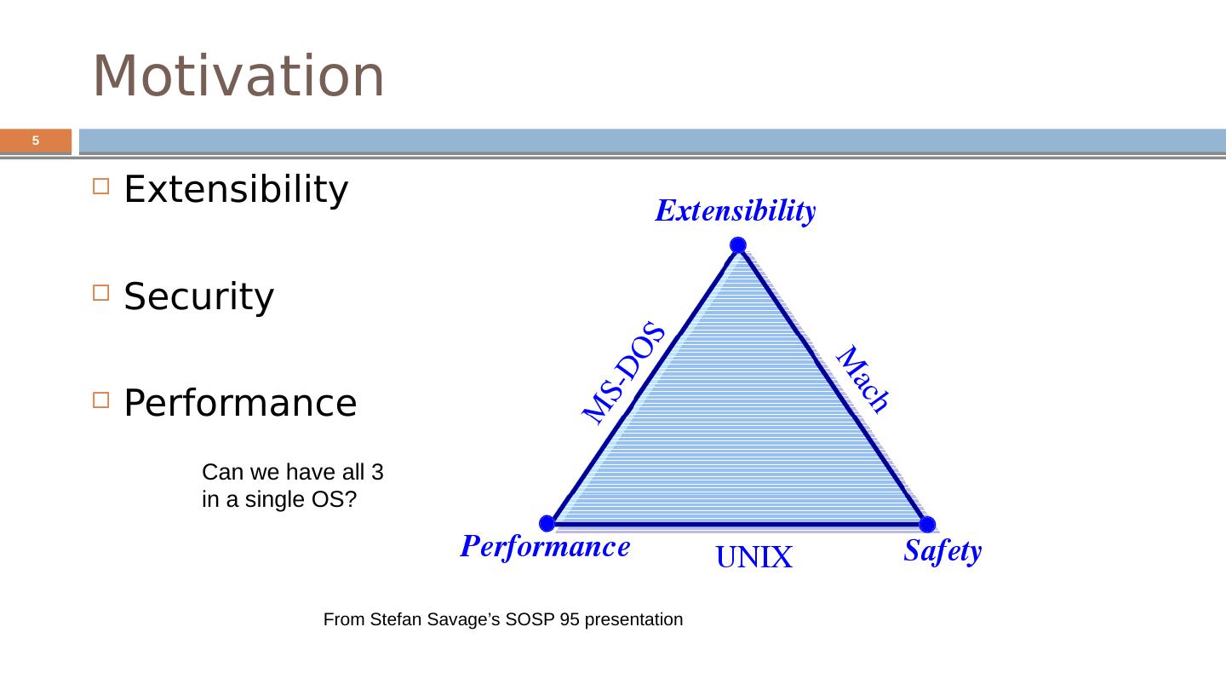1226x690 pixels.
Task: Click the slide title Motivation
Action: (238, 76)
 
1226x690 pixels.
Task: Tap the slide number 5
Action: (36, 141)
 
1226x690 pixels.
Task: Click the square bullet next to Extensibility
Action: (100, 187)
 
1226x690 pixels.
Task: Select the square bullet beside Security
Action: (100, 293)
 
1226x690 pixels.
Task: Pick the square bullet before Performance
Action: (100, 400)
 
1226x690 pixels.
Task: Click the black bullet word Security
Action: (198, 296)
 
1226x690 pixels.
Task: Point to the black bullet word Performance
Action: (240, 403)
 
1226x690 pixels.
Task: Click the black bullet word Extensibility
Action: (236, 189)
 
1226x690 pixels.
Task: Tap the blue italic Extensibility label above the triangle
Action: (736, 211)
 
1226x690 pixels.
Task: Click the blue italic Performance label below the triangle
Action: (545, 547)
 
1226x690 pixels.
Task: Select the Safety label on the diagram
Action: (942, 551)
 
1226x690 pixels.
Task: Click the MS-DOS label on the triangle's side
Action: (623, 372)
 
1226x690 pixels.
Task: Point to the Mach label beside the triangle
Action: (862, 379)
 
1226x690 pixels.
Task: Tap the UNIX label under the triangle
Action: (753, 557)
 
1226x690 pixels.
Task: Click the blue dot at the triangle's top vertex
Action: (738, 244)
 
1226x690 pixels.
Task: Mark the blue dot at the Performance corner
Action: (547, 524)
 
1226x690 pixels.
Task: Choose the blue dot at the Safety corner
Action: (927, 524)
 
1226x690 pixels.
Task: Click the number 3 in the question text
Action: (377, 472)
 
